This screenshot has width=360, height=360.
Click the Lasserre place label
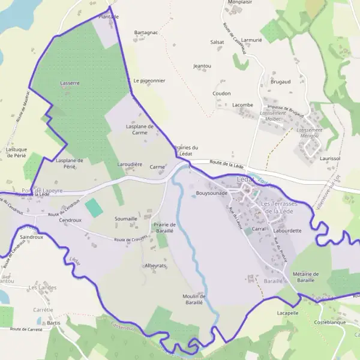(x=70, y=83)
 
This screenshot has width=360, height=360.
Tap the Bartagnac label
(x=146, y=32)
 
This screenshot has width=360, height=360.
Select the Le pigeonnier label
(x=149, y=80)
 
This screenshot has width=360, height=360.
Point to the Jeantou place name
(x=202, y=65)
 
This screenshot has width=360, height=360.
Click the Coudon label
(x=221, y=94)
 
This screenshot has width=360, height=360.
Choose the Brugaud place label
(x=280, y=81)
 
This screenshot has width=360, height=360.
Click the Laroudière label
(x=129, y=164)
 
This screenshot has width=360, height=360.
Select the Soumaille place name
(x=126, y=219)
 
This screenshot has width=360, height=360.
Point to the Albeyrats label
(x=155, y=265)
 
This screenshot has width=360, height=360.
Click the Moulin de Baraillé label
(x=194, y=299)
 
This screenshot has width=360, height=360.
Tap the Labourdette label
(x=287, y=230)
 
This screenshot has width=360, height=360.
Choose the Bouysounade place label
(x=212, y=193)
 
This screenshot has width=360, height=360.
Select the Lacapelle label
(x=287, y=313)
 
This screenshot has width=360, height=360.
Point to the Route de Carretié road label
(x=26, y=329)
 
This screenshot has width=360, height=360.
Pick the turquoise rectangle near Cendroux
(x=94, y=208)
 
